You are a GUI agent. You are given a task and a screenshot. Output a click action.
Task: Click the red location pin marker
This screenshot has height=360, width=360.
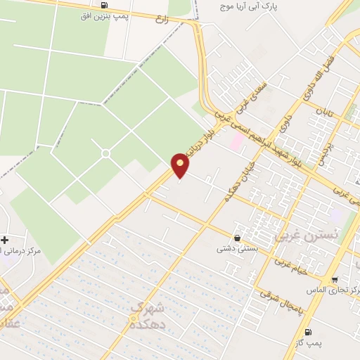pos(181,165)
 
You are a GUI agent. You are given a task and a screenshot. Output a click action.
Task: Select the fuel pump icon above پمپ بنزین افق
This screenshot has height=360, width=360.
pos(104,6)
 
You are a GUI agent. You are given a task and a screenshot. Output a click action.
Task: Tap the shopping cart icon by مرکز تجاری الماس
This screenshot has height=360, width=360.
pos(335,279)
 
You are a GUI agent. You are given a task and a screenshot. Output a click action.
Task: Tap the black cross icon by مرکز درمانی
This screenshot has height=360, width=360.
pos(4,240)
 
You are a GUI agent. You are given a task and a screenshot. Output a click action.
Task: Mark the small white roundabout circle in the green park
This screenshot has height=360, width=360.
pos(105,153)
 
